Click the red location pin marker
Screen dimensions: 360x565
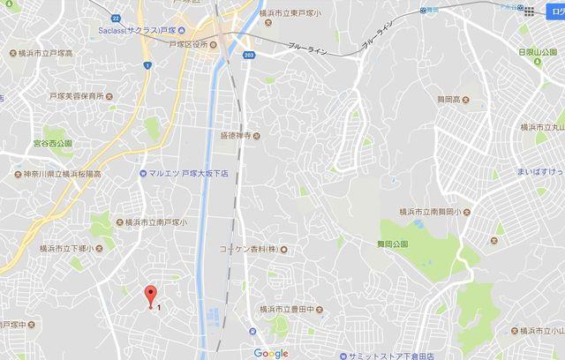[x=150, y=296]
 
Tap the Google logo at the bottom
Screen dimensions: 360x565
[x=271, y=353]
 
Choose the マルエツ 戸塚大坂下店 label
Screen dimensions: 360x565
[x=188, y=173]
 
